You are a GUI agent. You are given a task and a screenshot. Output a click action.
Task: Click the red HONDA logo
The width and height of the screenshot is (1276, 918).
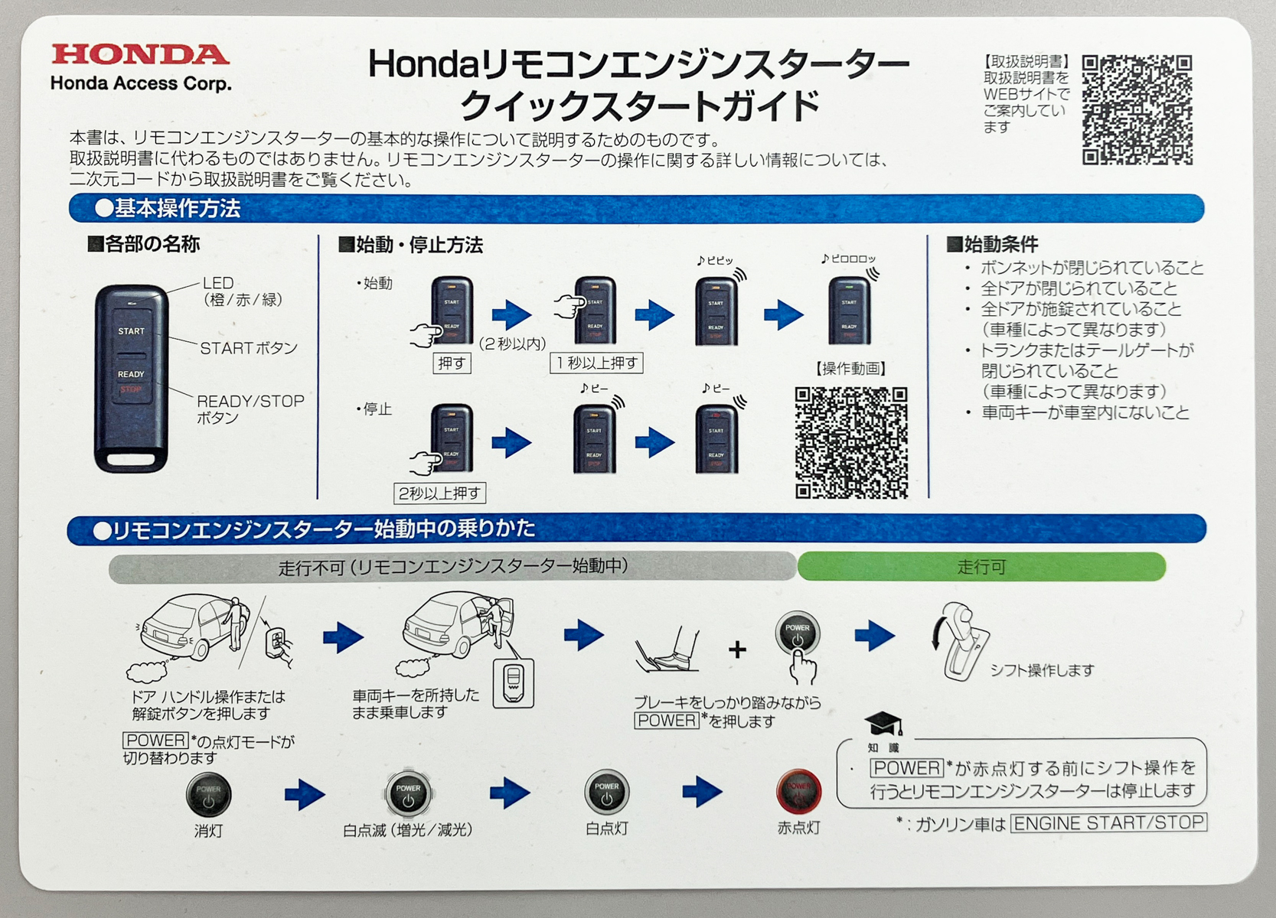click(x=140, y=55)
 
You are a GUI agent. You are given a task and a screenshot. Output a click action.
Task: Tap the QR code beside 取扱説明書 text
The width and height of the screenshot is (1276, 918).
click(x=1137, y=109)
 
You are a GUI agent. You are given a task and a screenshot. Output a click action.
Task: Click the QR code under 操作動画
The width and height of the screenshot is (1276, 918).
click(x=851, y=443)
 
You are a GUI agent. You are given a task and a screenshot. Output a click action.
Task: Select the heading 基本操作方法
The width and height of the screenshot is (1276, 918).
click(x=168, y=208)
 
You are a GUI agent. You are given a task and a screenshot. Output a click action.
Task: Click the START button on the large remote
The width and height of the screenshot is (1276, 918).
click(x=131, y=331)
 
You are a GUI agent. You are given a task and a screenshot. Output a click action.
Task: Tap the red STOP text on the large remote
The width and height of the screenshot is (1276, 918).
click(x=130, y=389)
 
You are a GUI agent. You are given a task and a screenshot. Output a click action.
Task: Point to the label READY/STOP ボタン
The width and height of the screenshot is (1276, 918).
click(x=250, y=409)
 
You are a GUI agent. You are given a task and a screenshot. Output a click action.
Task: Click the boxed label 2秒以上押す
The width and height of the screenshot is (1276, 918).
click(x=439, y=493)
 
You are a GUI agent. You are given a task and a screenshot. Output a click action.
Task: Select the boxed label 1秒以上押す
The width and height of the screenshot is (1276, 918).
click(x=596, y=363)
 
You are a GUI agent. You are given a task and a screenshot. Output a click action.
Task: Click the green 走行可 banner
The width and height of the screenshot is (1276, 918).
click(x=981, y=567)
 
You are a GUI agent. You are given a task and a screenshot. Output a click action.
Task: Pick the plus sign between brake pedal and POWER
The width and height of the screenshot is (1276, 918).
click(x=737, y=650)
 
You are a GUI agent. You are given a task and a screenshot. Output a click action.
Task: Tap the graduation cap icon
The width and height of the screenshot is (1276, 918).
click(x=883, y=724)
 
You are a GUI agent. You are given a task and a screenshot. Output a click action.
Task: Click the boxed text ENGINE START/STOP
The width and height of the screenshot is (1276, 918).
click(x=1108, y=823)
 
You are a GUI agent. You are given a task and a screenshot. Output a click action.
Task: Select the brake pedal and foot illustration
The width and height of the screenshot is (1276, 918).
click(x=668, y=649)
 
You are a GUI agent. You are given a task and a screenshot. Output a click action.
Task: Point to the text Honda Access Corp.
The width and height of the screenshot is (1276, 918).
click(x=141, y=83)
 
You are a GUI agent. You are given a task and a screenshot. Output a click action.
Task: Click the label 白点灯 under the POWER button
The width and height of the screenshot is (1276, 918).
click(x=606, y=828)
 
